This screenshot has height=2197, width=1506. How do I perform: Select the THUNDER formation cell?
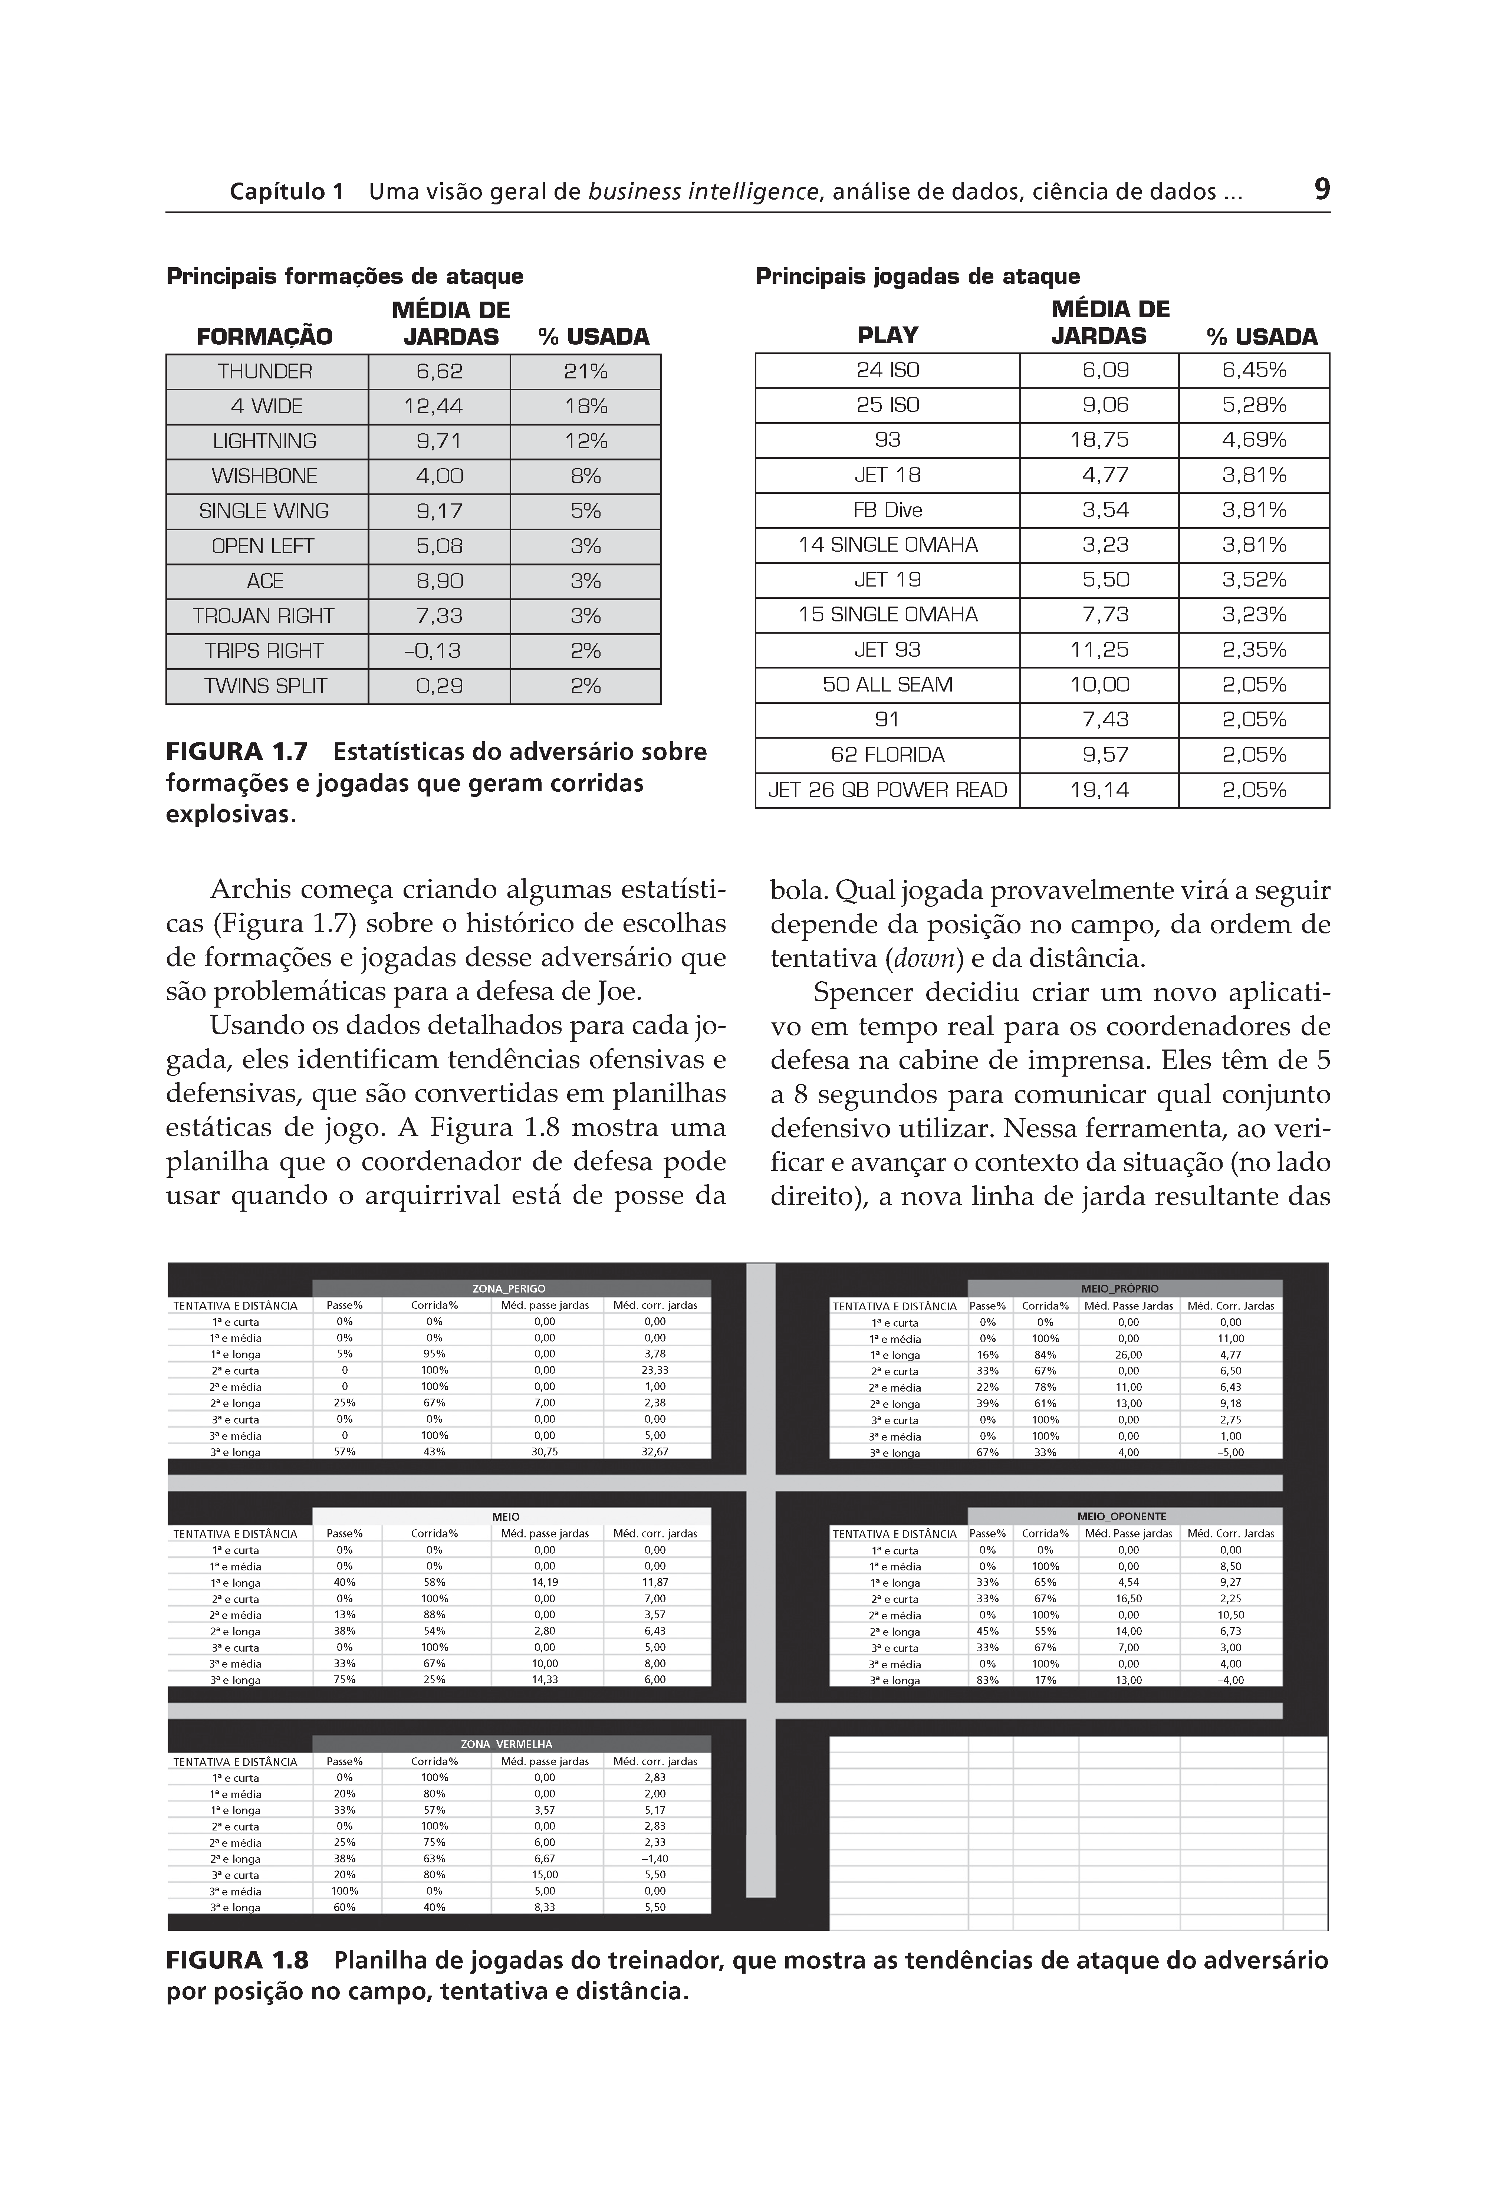(x=266, y=371)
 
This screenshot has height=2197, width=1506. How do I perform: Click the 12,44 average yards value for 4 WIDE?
(x=440, y=407)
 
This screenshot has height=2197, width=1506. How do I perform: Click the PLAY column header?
(x=887, y=336)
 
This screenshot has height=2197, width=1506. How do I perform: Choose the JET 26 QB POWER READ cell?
(x=887, y=790)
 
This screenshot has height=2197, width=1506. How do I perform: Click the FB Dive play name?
(x=887, y=510)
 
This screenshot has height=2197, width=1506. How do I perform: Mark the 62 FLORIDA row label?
(x=887, y=755)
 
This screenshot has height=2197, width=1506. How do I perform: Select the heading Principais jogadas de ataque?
(x=917, y=276)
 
